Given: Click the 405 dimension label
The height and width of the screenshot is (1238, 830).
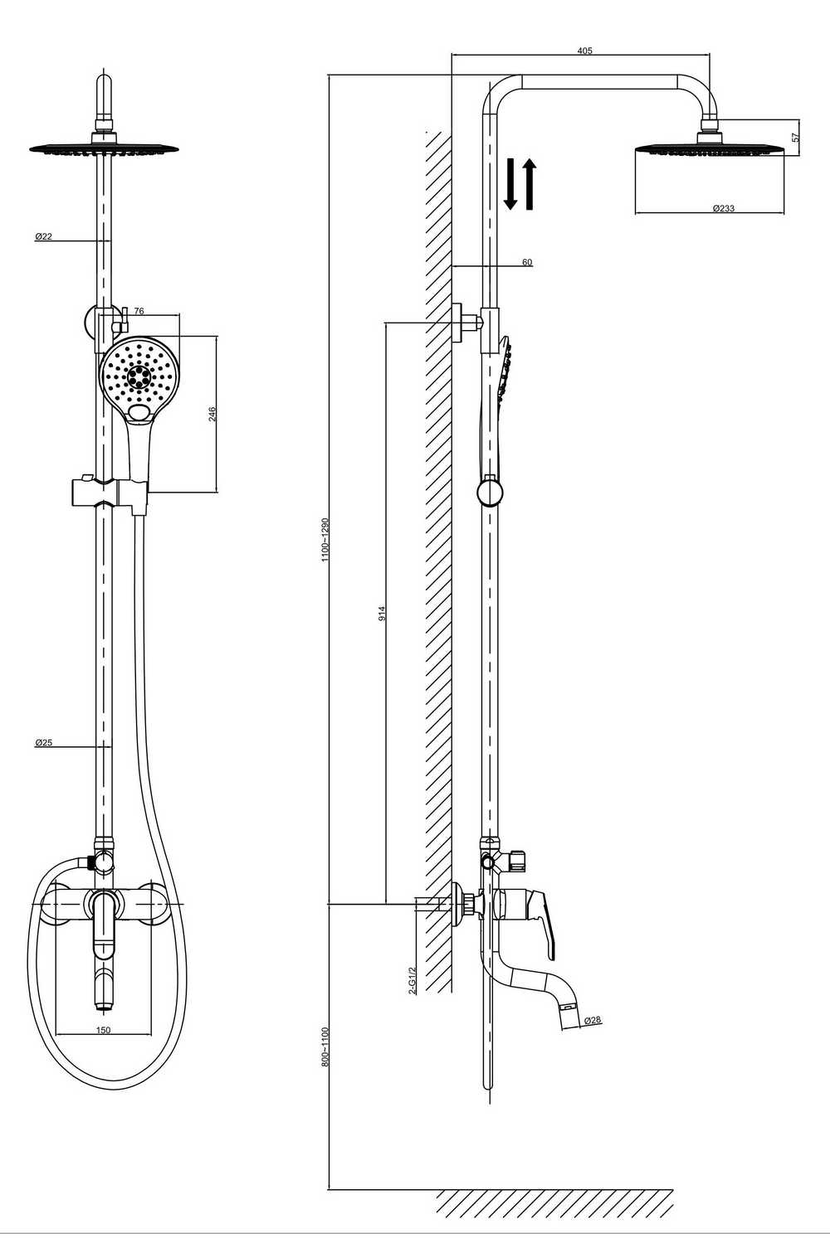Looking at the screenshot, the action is point(584,51).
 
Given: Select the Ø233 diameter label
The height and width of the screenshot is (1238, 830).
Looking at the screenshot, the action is point(724,208).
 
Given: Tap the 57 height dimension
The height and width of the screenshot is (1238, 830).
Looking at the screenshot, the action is point(796,137).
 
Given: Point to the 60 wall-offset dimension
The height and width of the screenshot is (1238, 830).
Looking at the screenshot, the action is point(527,262).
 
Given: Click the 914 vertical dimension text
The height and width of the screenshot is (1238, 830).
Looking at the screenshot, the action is point(381,614).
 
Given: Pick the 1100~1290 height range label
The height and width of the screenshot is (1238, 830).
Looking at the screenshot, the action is point(325,540).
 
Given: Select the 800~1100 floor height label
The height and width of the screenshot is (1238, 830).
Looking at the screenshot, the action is point(325,1046).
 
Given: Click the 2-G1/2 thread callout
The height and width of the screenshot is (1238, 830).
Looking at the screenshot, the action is point(412,981).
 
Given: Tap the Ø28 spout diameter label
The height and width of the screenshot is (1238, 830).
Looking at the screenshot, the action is point(592,1020).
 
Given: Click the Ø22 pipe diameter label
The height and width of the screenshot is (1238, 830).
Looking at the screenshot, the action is point(43,236).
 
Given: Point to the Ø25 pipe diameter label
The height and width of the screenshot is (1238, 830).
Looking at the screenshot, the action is point(43,743).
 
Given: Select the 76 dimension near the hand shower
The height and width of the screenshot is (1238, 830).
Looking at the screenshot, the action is point(139,311).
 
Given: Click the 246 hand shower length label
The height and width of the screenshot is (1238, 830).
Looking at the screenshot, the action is point(212,414).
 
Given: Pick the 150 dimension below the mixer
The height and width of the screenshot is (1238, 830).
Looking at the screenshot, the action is point(104,1030).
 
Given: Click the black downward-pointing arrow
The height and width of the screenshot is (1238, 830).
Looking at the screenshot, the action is point(510,184).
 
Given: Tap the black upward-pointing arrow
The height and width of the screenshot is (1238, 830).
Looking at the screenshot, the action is point(530,184).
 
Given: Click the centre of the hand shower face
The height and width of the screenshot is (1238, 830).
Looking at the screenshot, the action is point(137,376).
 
